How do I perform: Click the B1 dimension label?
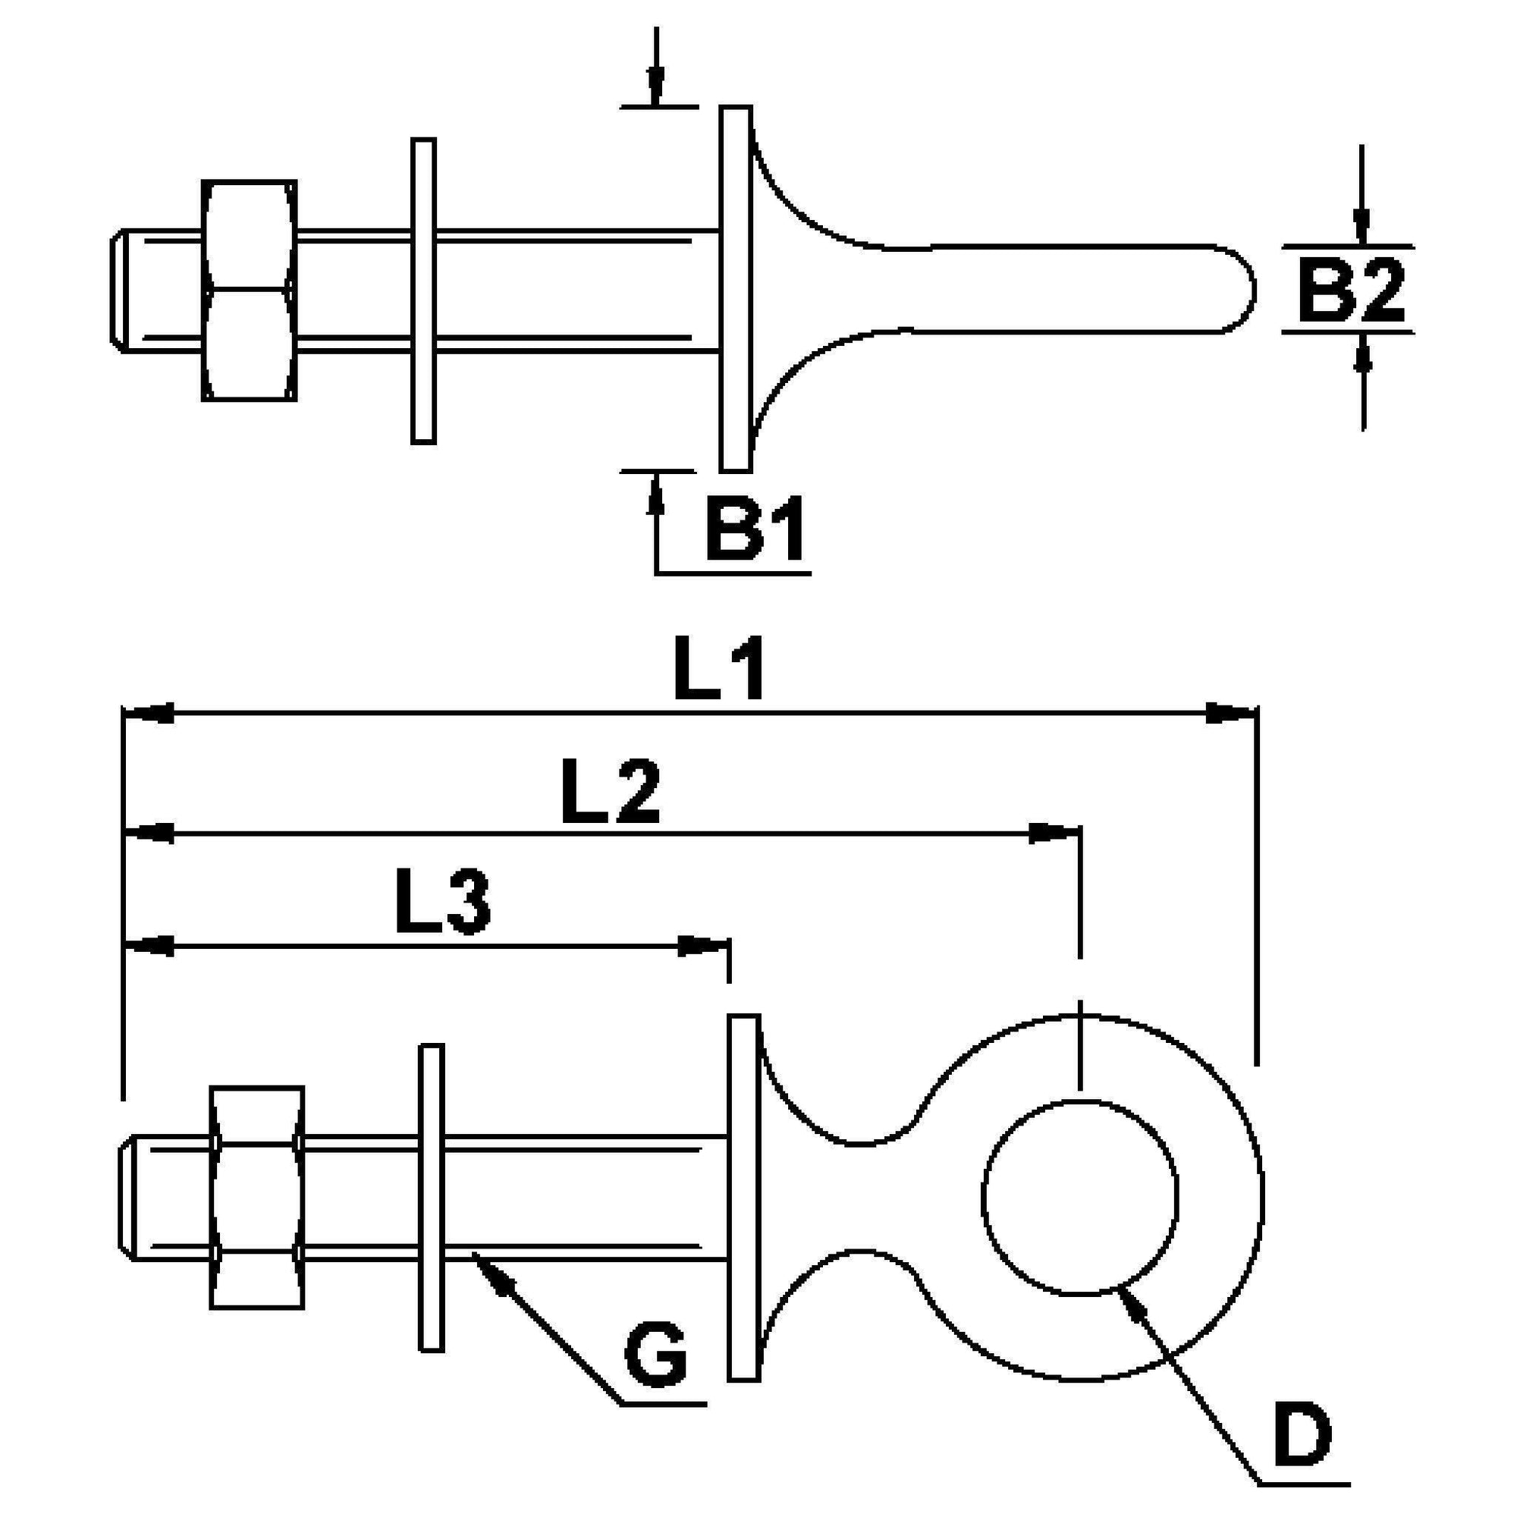click(755, 529)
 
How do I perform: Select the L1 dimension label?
click(718, 671)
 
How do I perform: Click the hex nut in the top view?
click(250, 291)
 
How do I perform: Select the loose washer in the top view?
click(423, 291)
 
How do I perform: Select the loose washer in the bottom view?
click(431, 1197)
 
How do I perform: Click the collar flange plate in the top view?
click(736, 289)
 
